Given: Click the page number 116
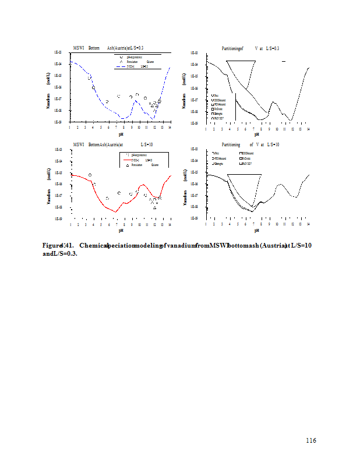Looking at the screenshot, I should click(311, 440).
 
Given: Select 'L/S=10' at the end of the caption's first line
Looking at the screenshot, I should click(301, 245).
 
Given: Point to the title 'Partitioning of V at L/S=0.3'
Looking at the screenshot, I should click(250, 48).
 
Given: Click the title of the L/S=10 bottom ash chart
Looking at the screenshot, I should click(113, 143).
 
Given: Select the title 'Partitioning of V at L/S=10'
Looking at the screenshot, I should click(250, 144).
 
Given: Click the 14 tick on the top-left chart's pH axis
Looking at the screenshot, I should click(170, 127).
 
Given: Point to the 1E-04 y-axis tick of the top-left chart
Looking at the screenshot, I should click(58, 64).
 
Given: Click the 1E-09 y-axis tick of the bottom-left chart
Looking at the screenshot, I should click(58, 218).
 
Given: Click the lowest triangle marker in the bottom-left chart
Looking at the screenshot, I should click(154, 207).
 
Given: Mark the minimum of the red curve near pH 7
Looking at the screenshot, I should click(116, 212).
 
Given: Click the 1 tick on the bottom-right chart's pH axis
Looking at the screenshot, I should click(207, 224).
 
